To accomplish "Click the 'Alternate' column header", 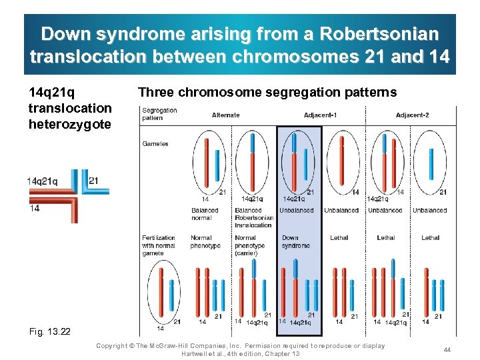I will tap(225, 115).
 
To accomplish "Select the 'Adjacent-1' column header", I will tap(320, 115).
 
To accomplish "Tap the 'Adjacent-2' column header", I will tap(412, 115).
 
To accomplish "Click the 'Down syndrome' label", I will tap(295, 241).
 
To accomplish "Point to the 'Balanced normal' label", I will tap(205, 214).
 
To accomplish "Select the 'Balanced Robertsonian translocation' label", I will tap(253, 217).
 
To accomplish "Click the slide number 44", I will tap(447, 350).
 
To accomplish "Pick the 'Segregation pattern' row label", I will tap(159, 114).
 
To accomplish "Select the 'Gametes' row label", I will tap(155, 143).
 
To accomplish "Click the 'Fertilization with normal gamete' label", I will tap(159, 245).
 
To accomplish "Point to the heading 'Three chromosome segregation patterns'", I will tap(267, 93).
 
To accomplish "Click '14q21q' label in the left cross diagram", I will tap(42, 181).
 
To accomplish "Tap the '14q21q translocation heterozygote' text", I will tap(70, 108).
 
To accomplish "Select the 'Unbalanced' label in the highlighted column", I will tap(296, 211).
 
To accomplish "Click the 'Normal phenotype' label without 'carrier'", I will tap(200, 241).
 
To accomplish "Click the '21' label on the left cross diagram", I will tap(94, 180).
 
